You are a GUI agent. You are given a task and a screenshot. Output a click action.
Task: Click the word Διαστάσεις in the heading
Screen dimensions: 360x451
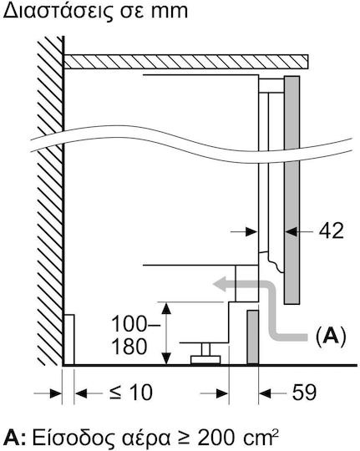(x=58, y=12)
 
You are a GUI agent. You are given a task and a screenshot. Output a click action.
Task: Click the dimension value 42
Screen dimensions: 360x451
(x=332, y=231)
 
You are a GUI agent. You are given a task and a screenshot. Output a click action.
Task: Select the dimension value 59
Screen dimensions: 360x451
(x=304, y=393)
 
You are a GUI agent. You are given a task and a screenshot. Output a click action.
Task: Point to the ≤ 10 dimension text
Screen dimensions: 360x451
(x=131, y=393)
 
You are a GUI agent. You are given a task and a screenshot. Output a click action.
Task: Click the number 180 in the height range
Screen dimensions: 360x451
(x=129, y=347)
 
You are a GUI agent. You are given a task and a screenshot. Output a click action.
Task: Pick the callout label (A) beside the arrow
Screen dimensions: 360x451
(x=331, y=337)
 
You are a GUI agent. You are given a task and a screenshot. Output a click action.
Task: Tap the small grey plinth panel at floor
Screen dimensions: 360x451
(x=252, y=337)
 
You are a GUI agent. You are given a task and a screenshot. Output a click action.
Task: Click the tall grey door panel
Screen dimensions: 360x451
(x=292, y=190)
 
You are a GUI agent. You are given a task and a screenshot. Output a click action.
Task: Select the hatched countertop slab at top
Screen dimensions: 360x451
(x=186, y=61)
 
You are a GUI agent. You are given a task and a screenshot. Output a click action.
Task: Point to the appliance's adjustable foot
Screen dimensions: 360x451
(x=205, y=354)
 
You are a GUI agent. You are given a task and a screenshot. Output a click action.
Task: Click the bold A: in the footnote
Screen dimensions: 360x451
(x=16, y=438)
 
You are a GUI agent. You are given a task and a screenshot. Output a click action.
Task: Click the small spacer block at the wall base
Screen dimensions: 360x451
(x=69, y=340)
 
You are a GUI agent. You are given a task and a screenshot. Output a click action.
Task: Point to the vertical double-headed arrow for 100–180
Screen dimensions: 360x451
(x=166, y=333)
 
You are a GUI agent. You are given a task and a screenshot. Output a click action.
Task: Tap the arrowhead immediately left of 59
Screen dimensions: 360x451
(x=265, y=393)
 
